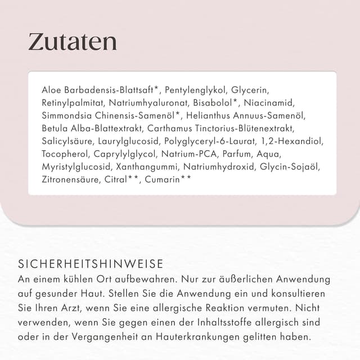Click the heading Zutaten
pos(73,42)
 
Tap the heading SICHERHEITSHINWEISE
pos(91,264)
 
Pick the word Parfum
pos(237,154)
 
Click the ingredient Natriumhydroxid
pos(222,167)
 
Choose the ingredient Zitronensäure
pos(71,180)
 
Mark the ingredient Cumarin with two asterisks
pos(168,180)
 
